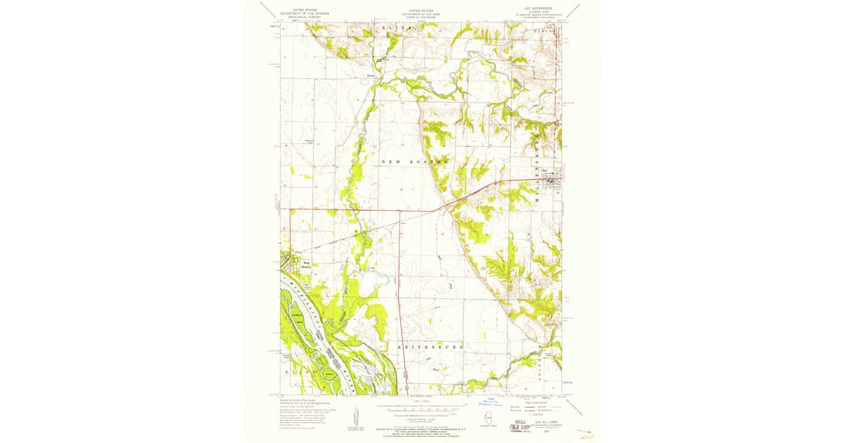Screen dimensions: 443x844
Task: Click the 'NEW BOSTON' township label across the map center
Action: coord(414,162)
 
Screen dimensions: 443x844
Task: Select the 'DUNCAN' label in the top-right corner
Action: coord(544,32)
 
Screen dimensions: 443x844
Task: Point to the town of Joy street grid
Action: coord(551,177)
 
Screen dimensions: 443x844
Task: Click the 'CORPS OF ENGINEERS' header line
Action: coord(421,16)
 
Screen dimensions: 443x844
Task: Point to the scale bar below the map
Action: coord(421,407)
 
